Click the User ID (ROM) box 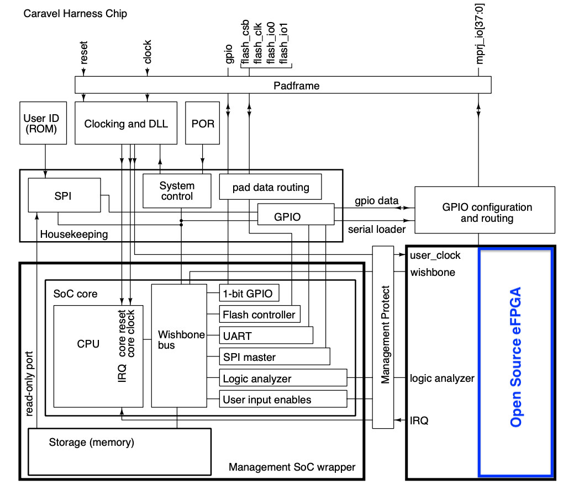point(43,123)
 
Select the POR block point(202,123)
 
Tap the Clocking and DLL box point(126,123)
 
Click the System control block point(177,191)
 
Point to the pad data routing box point(270,186)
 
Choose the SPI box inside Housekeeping point(64,195)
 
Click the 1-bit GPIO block point(249,293)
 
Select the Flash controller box point(260,314)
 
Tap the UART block point(266,335)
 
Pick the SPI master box point(275,356)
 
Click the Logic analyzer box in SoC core point(283,377)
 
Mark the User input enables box point(283,399)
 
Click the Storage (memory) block point(120,452)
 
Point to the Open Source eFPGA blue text point(515,357)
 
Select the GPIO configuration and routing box point(485,210)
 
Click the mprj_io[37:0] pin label point(480,34)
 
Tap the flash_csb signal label point(245,42)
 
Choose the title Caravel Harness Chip point(75,14)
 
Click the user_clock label point(435,255)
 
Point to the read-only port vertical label point(29,383)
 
